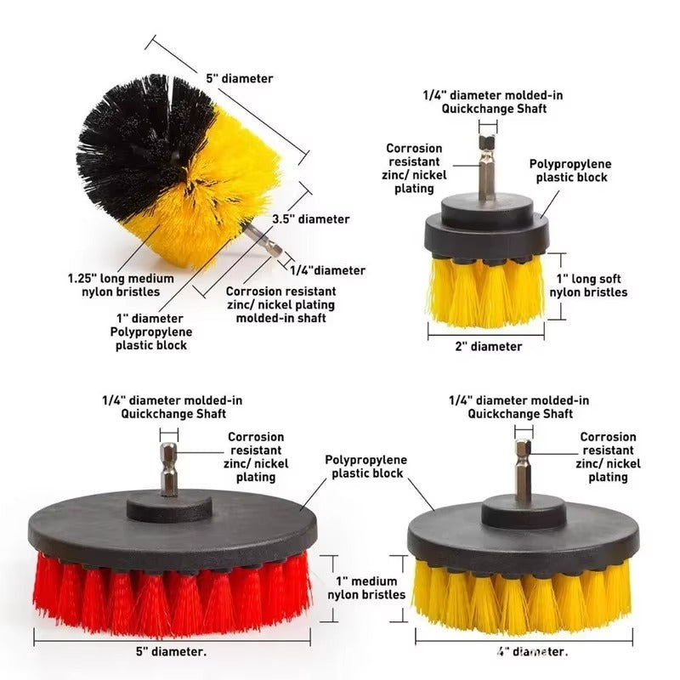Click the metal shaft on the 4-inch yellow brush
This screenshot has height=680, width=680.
click(x=523, y=472)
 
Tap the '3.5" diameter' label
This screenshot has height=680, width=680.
click(x=310, y=218)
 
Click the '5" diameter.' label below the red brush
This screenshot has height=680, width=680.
click(x=171, y=653)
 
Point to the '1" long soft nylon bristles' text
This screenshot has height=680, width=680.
click(x=588, y=286)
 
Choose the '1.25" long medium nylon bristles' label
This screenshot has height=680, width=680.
click(x=121, y=285)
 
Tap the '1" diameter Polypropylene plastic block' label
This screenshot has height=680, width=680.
click(x=150, y=332)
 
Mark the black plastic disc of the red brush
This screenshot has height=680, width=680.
click(x=170, y=531)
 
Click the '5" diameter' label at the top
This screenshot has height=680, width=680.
click(x=240, y=78)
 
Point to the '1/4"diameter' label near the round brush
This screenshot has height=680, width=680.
click(x=328, y=270)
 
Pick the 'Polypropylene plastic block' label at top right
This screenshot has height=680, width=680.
click(x=570, y=171)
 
